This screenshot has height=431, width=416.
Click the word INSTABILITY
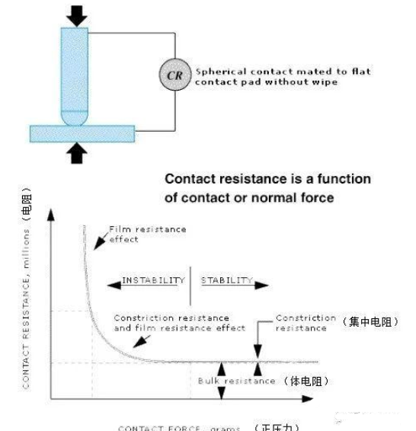pos(154,280)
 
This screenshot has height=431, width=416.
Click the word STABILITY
pos(226,280)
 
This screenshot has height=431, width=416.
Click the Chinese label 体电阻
pos(306,381)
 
